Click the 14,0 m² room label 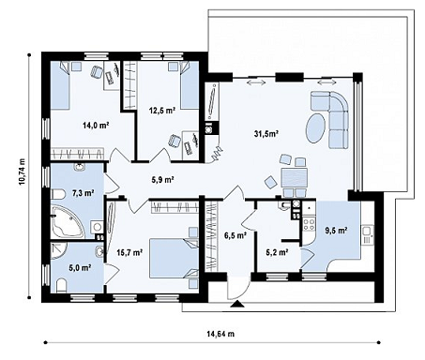(x=96, y=126)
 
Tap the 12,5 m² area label (x=161, y=110)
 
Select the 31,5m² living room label (x=266, y=134)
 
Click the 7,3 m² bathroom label (x=83, y=193)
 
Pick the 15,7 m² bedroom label (x=129, y=252)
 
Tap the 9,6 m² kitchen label (x=337, y=231)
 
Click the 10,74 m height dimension (x=22, y=176)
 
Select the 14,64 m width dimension (x=220, y=334)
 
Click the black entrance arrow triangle (x=237, y=304)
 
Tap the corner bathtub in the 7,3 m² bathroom (x=67, y=221)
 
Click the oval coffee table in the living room (x=315, y=127)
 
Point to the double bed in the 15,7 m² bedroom (x=174, y=258)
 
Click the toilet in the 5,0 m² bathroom (x=62, y=286)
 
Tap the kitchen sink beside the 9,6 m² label (x=367, y=235)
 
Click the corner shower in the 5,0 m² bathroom (x=58, y=251)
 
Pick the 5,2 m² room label (x=277, y=252)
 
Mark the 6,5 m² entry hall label (x=235, y=235)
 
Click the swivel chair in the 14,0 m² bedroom (x=97, y=72)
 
